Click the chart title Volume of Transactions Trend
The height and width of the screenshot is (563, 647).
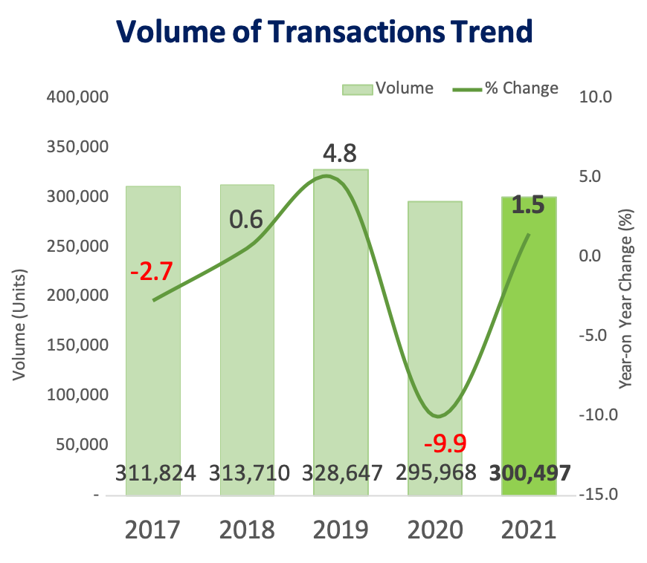325,33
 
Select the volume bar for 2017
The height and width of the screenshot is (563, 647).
153,334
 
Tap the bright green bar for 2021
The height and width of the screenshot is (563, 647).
529,349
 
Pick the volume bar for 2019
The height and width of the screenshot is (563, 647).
341,327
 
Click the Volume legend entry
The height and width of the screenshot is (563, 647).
388,89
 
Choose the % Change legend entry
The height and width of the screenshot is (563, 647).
506,89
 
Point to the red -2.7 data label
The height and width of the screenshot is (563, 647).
151,271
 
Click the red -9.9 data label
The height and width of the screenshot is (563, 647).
445,444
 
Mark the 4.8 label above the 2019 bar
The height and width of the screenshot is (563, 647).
340,154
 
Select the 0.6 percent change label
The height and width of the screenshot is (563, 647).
246,220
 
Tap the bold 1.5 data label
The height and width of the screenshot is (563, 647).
528,205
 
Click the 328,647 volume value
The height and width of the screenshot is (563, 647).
342,472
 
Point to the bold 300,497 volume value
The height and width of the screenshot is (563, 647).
529,472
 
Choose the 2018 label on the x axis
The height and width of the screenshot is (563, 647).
247,530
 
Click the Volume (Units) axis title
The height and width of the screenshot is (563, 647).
20,324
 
